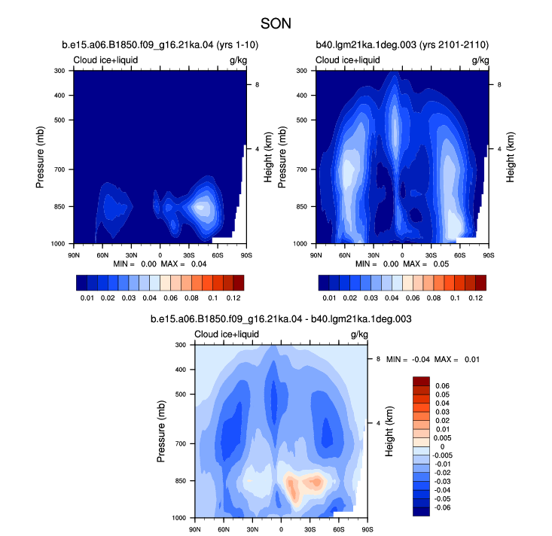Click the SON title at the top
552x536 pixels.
click(x=276, y=23)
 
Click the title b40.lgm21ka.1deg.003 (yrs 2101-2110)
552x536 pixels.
click(x=402, y=45)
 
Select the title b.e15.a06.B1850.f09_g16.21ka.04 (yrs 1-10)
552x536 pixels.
click(x=160, y=45)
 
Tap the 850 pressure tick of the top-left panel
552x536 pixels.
click(x=59, y=206)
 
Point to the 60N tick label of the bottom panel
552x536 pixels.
click(x=224, y=529)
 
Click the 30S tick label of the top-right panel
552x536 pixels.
click(x=431, y=255)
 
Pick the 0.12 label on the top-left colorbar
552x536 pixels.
click(x=233, y=298)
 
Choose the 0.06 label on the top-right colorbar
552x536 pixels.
click(x=413, y=298)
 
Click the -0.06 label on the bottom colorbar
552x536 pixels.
click(x=442, y=507)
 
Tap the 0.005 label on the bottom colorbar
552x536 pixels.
click(x=443, y=438)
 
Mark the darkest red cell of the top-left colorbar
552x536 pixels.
click(x=238, y=283)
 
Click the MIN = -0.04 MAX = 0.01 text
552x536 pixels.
click(x=433, y=359)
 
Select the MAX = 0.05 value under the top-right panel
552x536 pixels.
click(x=426, y=264)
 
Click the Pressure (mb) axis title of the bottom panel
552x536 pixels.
click(x=161, y=431)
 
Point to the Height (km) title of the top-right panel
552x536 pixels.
click(x=511, y=157)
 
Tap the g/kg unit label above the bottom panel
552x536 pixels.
click(x=359, y=334)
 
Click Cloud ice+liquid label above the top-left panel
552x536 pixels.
click(x=105, y=60)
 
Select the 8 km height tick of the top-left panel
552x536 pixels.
click(x=257, y=85)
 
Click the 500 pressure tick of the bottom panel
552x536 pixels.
click(x=181, y=394)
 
